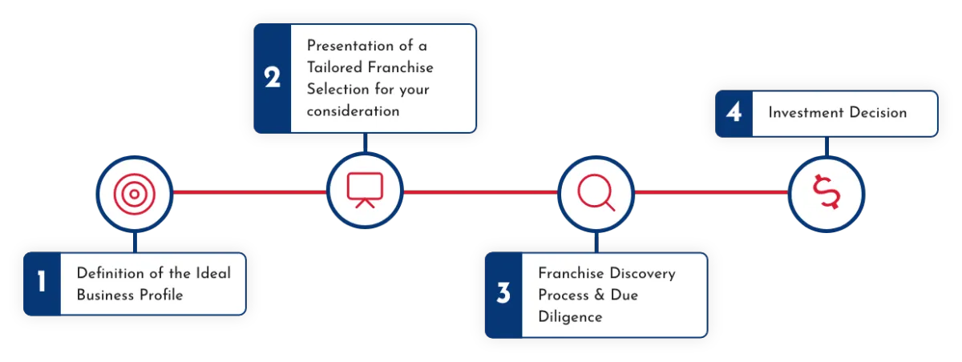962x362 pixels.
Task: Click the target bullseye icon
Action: (133, 193)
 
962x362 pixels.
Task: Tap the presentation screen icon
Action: (365, 191)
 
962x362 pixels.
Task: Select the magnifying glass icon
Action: (596, 192)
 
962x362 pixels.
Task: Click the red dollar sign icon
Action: (826, 193)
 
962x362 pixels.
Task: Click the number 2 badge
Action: (273, 78)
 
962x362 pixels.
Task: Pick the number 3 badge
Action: (503, 294)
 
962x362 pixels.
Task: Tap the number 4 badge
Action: (734, 112)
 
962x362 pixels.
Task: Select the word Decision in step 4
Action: (877, 112)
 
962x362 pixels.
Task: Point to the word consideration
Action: (353, 111)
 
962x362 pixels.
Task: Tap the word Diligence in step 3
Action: (570, 316)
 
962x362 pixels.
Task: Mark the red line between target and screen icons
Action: (249, 192)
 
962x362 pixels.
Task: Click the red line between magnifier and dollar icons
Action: (710, 192)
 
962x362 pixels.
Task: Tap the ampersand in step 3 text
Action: (597, 295)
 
